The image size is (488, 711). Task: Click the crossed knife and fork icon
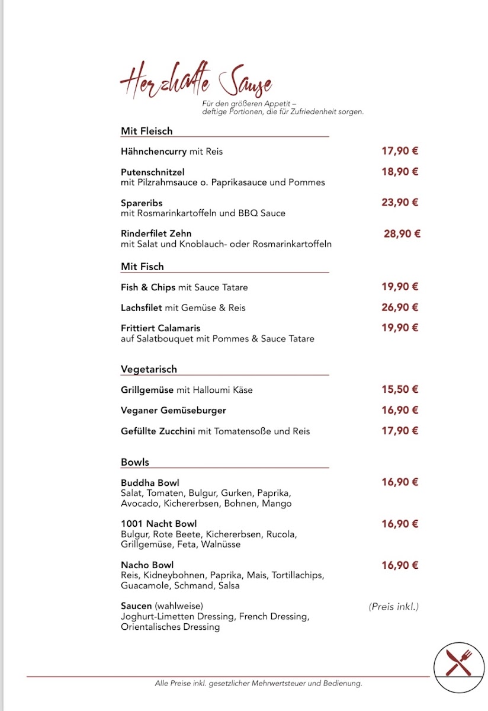tap(459, 663)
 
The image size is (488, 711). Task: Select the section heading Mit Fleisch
tap(146, 131)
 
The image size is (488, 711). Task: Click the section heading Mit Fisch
tap(142, 267)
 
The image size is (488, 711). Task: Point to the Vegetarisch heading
tap(149, 369)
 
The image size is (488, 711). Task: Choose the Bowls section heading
tap(135, 462)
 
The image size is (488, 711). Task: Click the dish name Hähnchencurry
tap(153, 152)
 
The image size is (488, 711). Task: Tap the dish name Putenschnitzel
tap(153, 172)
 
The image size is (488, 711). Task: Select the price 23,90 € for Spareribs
tap(400, 202)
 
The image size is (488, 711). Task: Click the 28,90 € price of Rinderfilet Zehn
tap(402, 233)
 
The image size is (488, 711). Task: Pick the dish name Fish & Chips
tap(148, 287)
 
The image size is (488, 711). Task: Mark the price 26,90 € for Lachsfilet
tap(400, 307)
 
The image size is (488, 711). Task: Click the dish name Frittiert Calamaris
tap(160, 328)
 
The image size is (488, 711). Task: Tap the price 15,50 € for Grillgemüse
tap(400, 389)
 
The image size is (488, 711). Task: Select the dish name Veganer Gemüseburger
tap(174, 410)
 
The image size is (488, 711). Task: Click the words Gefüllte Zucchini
tap(158, 431)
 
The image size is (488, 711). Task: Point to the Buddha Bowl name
tap(150, 483)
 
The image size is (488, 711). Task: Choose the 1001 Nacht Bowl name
tap(159, 524)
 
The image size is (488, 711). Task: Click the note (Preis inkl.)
tap(393, 606)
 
